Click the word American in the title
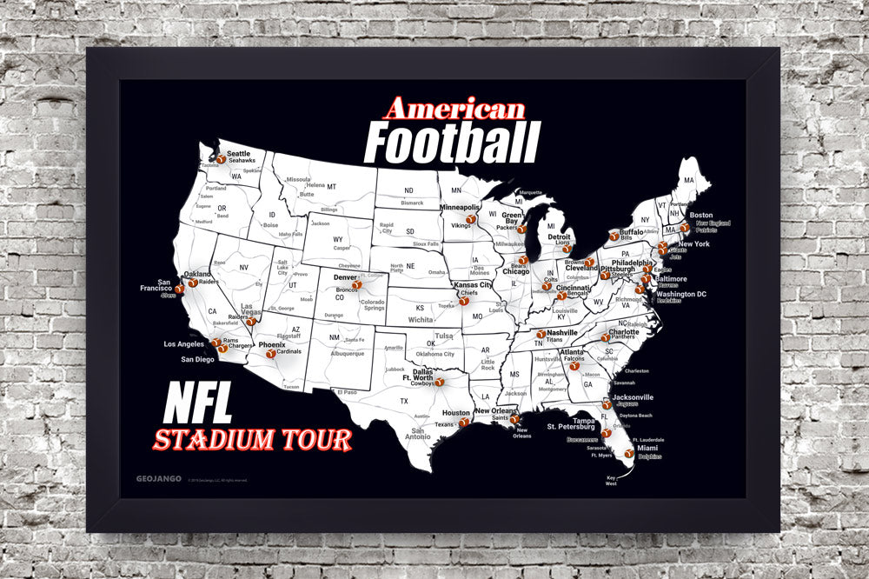point(454,109)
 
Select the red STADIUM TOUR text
point(252,439)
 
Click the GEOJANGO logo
point(159,477)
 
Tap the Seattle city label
point(238,154)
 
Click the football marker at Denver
point(356,284)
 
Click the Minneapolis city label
point(460,209)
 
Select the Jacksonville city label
point(633,396)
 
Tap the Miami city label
point(647,448)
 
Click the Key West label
point(611,481)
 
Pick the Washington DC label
point(681,294)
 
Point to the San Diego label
point(197,359)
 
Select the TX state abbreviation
point(403,401)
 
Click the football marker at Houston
point(465,423)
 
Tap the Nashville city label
point(562,333)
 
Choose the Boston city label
point(700,215)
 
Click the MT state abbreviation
point(331,186)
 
